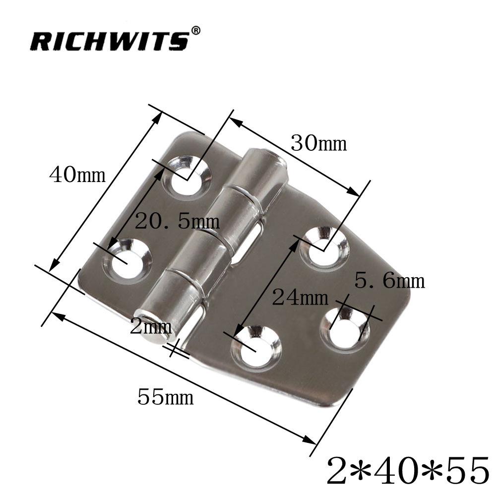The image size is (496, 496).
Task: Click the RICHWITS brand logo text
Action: (x=109, y=41)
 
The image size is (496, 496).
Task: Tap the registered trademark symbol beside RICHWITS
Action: (x=196, y=31)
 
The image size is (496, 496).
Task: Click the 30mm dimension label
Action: (x=318, y=144)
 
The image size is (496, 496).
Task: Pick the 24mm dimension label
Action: (x=300, y=298)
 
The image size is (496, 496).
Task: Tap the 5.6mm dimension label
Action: (x=390, y=281)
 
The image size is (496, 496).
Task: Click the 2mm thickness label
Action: (x=151, y=327)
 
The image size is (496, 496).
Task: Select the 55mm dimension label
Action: (x=165, y=397)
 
